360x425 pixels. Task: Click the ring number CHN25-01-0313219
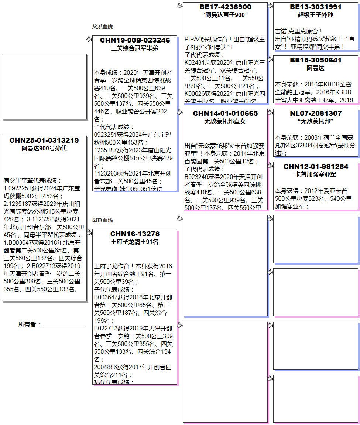(44, 140)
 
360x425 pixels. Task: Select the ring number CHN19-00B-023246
(135, 40)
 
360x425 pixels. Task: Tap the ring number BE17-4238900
(225, 7)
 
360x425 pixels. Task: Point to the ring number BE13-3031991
(316, 7)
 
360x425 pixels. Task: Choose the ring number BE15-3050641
(316, 60)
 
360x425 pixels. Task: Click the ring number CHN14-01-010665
(225, 113)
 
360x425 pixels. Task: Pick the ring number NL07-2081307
(316, 113)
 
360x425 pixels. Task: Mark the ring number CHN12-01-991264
(316, 167)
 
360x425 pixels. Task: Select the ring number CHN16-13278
(135, 234)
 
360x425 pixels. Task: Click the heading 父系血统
(103, 27)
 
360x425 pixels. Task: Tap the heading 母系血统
(103, 220)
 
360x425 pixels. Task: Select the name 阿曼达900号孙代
(44, 149)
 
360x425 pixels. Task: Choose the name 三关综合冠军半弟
(135, 48)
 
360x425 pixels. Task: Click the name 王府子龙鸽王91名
(135, 242)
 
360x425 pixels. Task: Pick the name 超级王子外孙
(316, 15)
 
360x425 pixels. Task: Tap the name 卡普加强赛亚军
(316, 175)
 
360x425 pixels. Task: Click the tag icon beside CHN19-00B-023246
(89, 39)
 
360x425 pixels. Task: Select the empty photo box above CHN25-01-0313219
(44, 86)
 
